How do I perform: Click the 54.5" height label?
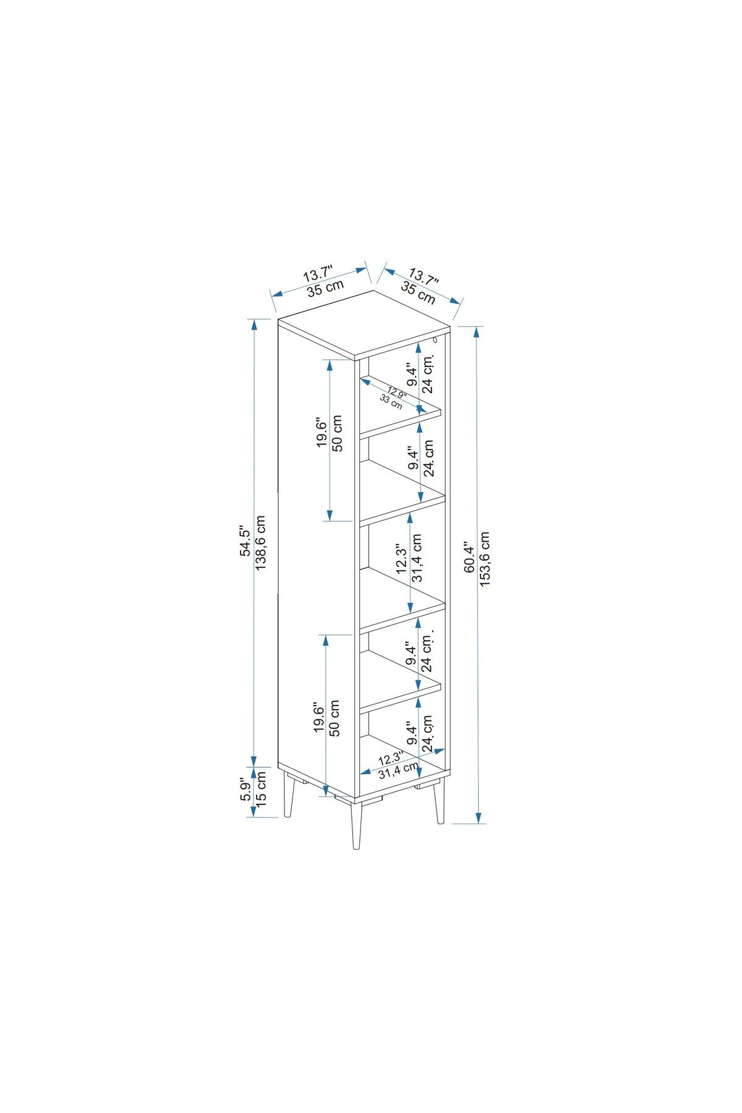245,542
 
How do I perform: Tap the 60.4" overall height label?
469,558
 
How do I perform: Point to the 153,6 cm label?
485,558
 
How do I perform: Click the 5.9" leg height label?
245,792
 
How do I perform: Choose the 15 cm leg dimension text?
261,788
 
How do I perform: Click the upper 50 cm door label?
337,433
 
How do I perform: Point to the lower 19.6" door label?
320,717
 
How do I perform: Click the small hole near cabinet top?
435,341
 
